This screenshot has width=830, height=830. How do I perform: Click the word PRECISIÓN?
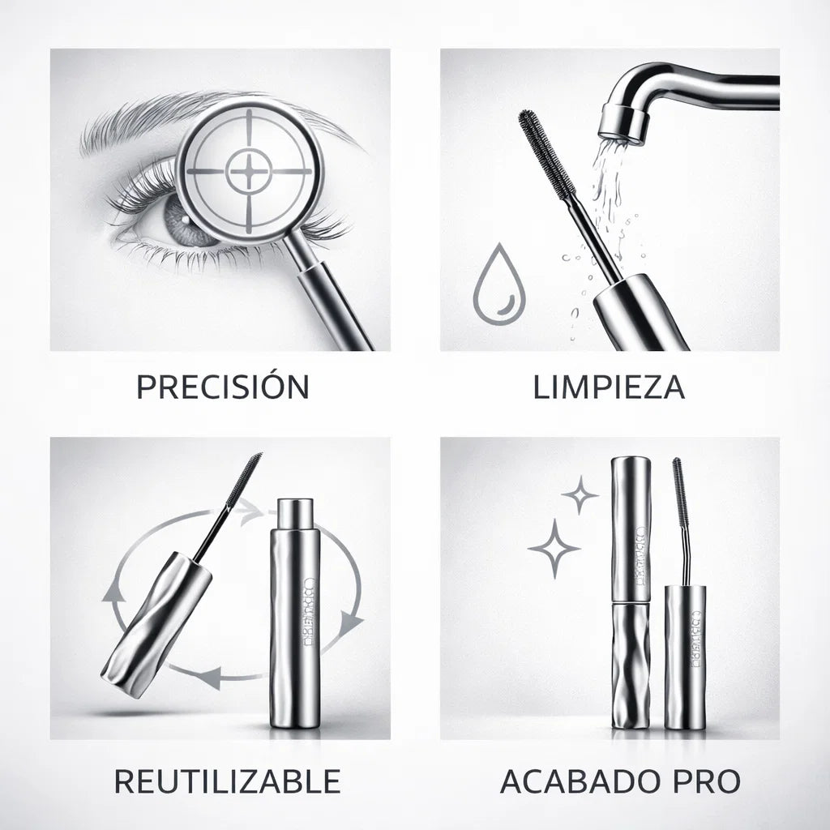(x=222, y=387)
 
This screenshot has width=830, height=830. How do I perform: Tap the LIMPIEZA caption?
(x=609, y=387)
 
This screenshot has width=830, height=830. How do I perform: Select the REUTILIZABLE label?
(x=226, y=781)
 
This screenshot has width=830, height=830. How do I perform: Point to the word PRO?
(x=707, y=781)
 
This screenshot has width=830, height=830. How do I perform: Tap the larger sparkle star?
(x=554, y=549)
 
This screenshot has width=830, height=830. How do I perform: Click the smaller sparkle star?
(x=580, y=494)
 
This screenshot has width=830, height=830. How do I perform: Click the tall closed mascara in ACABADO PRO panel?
(x=631, y=592)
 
